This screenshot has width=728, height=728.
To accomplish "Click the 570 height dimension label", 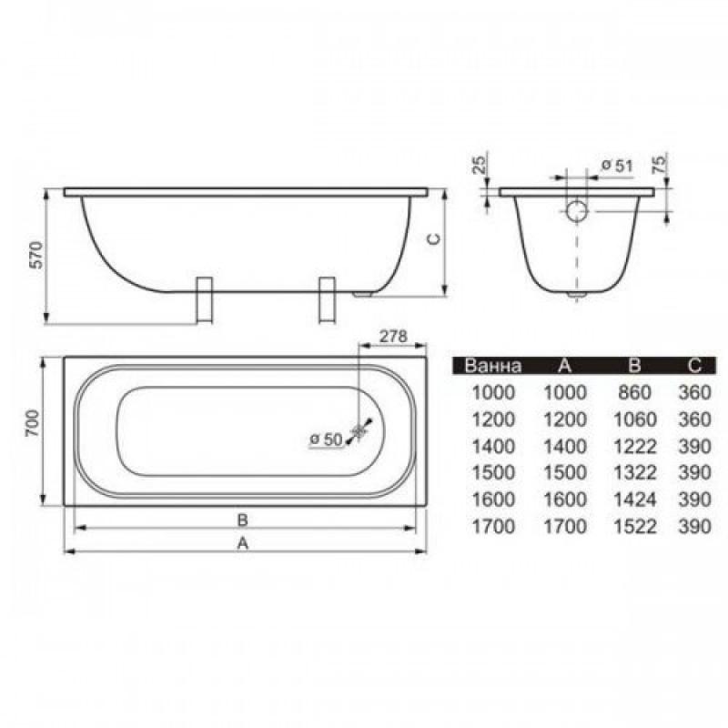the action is tap(35, 255).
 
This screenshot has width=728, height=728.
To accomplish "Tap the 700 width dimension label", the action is tap(33, 423).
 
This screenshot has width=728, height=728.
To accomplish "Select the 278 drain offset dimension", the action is tap(393, 336).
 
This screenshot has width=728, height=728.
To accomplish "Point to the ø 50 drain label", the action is tap(326, 440).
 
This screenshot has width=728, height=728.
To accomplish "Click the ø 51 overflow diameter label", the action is tap(617, 166).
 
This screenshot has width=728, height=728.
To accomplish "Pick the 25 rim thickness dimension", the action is tap(480, 165).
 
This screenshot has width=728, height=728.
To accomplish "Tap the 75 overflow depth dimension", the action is tap(659, 165).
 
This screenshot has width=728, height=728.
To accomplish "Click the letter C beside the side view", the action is tap(433, 238).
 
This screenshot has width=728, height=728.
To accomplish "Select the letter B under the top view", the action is tap(242, 520).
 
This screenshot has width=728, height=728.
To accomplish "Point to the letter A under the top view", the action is tap(242, 542).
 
